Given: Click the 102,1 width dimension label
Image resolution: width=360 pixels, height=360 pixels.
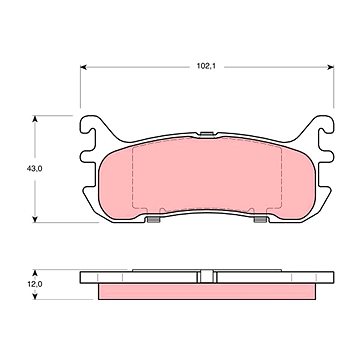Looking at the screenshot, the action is coord(206,66).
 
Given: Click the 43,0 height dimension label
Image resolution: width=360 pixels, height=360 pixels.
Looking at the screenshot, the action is coord(35,169).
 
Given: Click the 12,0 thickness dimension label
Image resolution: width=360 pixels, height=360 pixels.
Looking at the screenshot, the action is coord(35,284).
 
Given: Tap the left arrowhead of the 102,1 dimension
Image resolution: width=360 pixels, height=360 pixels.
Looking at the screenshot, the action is coord(84,67).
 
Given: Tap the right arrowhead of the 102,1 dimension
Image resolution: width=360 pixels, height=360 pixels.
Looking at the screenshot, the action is coord(330,67).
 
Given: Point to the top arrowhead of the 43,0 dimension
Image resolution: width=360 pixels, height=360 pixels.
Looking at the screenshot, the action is coord(35,119).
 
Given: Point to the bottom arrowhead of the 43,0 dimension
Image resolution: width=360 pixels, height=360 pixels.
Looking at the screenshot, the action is coord(35,219).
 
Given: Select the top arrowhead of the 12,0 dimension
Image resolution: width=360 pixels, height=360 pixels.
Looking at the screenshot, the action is coord(35,273).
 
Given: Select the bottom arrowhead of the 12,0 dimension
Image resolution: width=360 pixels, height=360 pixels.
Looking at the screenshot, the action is coord(35,296).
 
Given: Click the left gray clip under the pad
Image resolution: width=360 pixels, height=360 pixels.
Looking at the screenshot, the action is coord(153,219).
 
